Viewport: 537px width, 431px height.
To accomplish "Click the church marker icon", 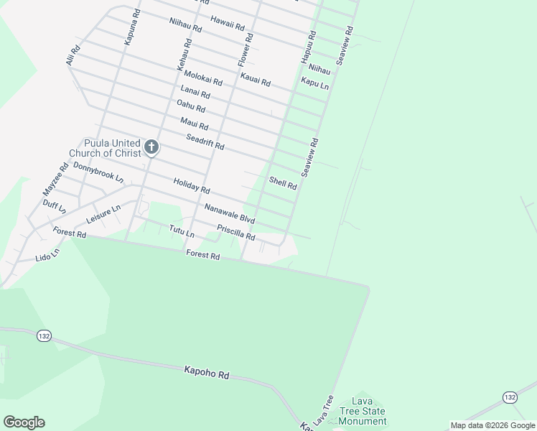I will pyautogui.click(x=151, y=147).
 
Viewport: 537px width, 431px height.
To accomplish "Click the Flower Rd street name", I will pyautogui.click(x=245, y=47).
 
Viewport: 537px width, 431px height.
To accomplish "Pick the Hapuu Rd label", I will pyautogui.click(x=307, y=45).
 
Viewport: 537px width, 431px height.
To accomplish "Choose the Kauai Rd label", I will pyautogui.click(x=256, y=80).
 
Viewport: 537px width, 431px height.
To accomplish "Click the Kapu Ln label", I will pyautogui.click(x=314, y=84).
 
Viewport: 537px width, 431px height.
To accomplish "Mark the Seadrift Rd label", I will pyautogui.click(x=205, y=142).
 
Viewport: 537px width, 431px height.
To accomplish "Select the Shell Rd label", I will pyautogui.click(x=283, y=182).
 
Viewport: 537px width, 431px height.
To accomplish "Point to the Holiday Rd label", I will pyautogui.click(x=192, y=186).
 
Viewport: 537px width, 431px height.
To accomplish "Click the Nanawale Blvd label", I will pyautogui.click(x=230, y=213).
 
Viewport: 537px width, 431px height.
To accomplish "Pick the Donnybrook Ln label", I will pyautogui.click(x=98, y=172).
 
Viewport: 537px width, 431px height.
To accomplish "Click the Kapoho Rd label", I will pyautogui.click(x=206, y=374).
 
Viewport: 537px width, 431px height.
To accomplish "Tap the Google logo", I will pyautogui.click(x=24, y=422).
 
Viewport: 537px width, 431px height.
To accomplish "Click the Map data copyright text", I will pyautogui.click(x=492, y=425).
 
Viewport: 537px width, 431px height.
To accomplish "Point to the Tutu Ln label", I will pyautogui.click(x=182, y=231).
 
